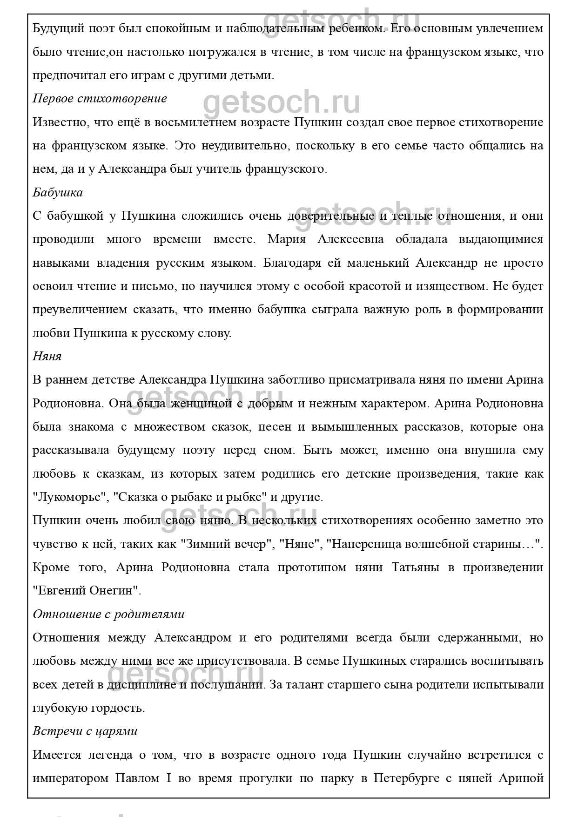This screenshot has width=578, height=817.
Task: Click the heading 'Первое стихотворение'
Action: [100, 99]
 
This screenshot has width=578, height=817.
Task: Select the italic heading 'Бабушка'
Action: [58, 192]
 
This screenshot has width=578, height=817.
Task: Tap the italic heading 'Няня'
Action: [47, 356]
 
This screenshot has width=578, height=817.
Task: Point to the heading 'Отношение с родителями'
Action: [108, 614]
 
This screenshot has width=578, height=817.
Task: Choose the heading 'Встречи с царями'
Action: [85, 731]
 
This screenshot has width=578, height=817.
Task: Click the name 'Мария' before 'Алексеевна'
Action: [287, 239]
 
